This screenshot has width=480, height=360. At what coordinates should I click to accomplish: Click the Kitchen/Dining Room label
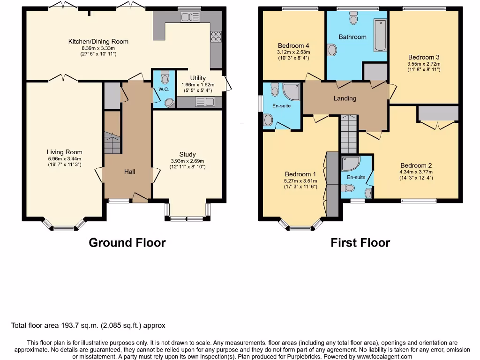98,42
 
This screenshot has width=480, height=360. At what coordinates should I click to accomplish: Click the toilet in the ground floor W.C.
164,76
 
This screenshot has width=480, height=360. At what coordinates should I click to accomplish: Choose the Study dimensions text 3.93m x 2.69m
187,161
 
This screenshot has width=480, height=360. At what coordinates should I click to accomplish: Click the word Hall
130,172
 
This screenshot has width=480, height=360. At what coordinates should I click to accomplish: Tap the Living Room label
64,152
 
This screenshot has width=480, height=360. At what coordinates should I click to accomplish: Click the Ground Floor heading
127,243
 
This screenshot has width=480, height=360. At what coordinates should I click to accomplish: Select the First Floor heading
360,243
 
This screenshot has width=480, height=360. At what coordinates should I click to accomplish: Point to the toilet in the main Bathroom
353,18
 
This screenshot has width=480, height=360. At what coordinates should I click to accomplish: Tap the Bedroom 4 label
290,45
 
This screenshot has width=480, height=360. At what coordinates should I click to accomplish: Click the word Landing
345,98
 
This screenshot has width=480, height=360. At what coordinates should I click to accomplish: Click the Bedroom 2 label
416,165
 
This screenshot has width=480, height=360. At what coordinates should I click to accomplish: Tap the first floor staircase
348,135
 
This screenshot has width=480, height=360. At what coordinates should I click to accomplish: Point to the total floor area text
88,325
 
